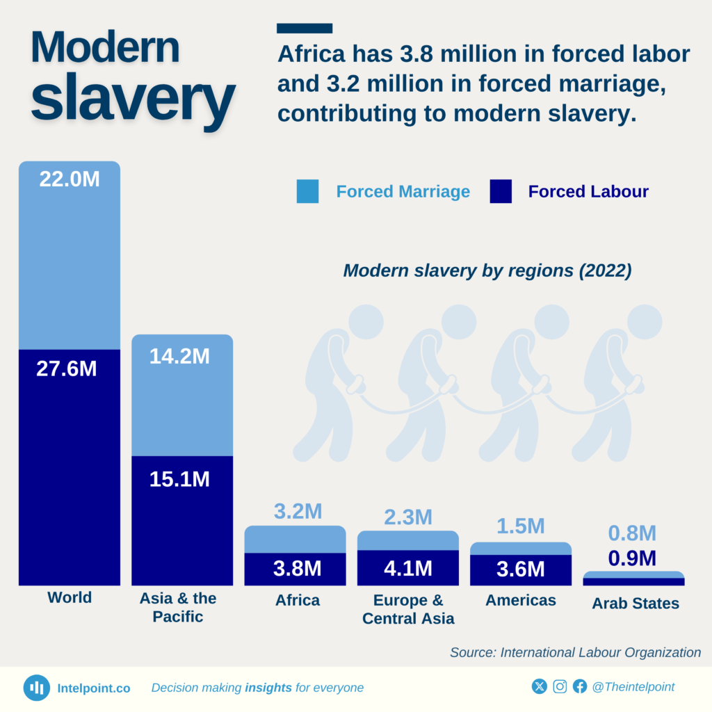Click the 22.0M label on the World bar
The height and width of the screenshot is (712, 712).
click(70, 179)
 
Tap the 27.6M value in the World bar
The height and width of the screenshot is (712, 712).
click(67, 369)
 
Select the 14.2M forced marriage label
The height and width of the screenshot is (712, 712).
click(179, 356)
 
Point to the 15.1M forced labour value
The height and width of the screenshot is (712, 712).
click(179, 479)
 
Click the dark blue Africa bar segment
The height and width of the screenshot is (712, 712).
click(295, 569)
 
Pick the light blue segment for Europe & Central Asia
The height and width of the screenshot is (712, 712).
click(408, 540)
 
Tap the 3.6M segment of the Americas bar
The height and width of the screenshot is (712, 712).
click(521, 569)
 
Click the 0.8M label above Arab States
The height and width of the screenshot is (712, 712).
click(632, 533)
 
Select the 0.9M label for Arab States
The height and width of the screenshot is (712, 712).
click(632, 558)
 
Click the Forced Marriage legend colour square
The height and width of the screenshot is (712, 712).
click(307, 191)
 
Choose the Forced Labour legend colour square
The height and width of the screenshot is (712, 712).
click(501, 191)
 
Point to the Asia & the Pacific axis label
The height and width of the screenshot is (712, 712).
click(178, 607)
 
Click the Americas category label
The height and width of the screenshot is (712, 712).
click(521, 600)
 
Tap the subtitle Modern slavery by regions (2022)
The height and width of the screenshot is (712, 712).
click(487, 270)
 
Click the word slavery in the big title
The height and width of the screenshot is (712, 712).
click(132, 97)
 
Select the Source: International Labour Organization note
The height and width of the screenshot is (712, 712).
click(575, 652)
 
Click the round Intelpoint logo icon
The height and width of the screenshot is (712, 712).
click(37, 688)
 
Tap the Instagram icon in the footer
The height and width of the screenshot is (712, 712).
click(560, 687)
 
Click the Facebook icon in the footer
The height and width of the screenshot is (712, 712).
click(580, 687)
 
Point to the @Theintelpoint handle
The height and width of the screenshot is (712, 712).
click(633, 687)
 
